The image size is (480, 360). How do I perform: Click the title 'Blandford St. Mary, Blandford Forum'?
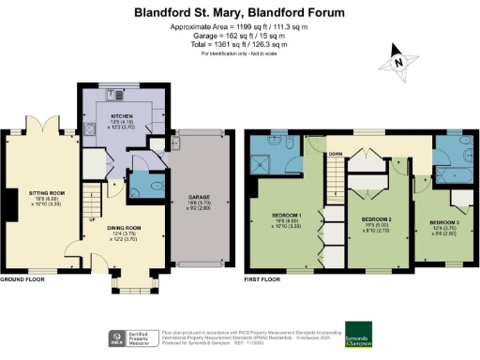click(x=239, y=13)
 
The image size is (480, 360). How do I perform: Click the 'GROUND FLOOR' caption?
click(x=23, y=280)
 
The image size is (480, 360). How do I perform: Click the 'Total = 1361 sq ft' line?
click(x=238, y=45)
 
